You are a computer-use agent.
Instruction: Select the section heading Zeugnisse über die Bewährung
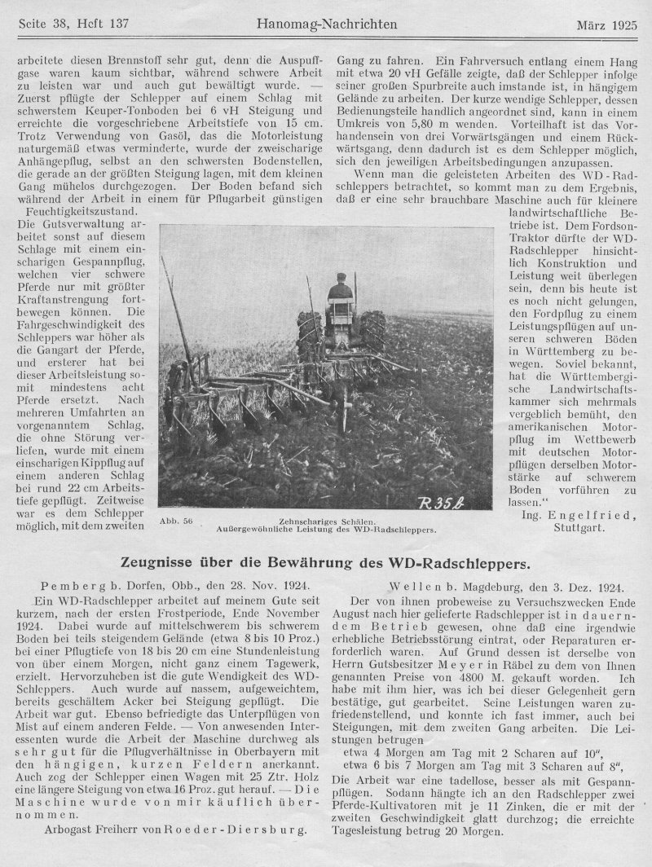[x=326, y=562]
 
